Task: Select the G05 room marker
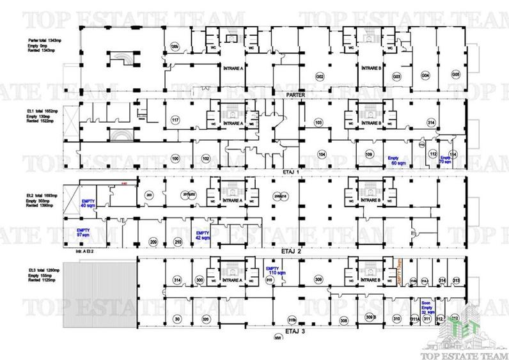point(455,75)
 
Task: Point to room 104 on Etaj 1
point(322,155)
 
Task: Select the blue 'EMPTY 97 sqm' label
point(82,231)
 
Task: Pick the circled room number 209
point(153,242)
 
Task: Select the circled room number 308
point(343,320)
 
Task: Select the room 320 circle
point(205,318)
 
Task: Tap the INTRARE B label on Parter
point(372,67)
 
